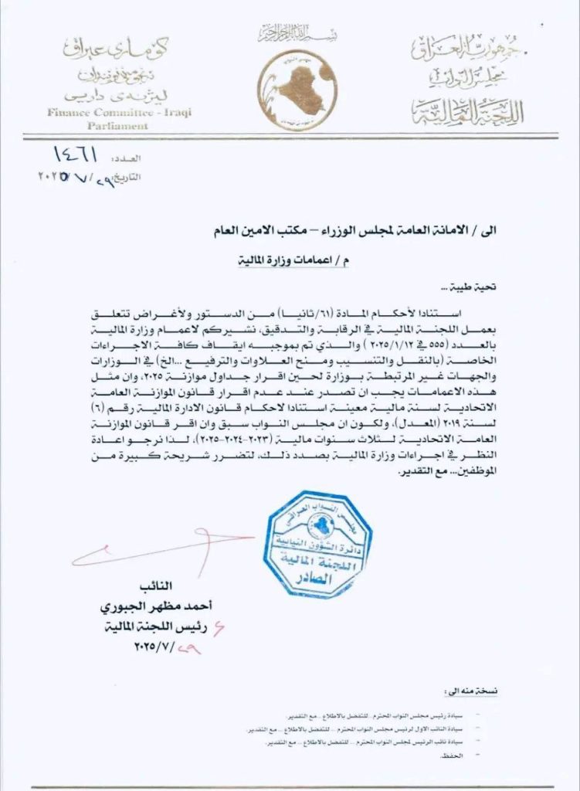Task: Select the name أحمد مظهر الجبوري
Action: click(165, 610)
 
